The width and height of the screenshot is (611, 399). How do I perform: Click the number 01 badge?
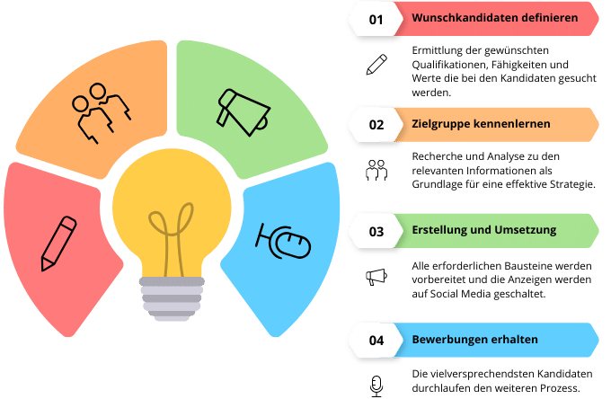click(376, 18)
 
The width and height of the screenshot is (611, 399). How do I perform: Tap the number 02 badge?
click(376, 124)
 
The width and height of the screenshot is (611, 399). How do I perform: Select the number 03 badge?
click(376, 231)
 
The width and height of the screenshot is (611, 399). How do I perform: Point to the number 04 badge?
click(376, 340)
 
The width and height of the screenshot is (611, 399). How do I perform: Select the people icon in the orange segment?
click(99, 111)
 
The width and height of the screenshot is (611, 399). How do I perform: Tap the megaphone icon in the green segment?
click(243, 110)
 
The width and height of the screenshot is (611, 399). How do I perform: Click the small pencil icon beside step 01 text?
click(376, 65)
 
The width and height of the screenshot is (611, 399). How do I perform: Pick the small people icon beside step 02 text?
click(376, 169)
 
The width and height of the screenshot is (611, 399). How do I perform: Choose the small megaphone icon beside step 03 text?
click(376, 277)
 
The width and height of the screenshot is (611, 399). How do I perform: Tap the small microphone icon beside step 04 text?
click(376, 386)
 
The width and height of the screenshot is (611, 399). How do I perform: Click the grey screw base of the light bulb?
click(170, 296)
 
